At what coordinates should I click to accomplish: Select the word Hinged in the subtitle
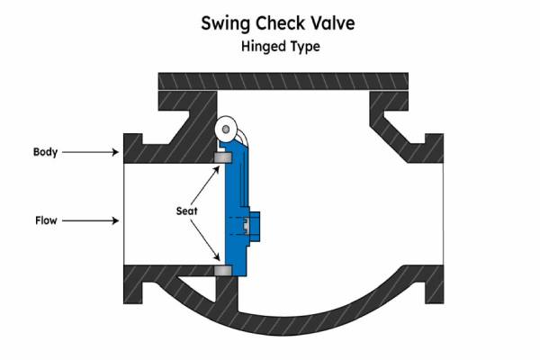coord(256,45)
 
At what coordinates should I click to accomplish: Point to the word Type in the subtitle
coord(301,45)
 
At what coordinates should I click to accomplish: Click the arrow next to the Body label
coord(94,152)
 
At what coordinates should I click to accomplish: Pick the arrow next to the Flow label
coord(94,219)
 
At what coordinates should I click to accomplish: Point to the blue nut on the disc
coord(256,222)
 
